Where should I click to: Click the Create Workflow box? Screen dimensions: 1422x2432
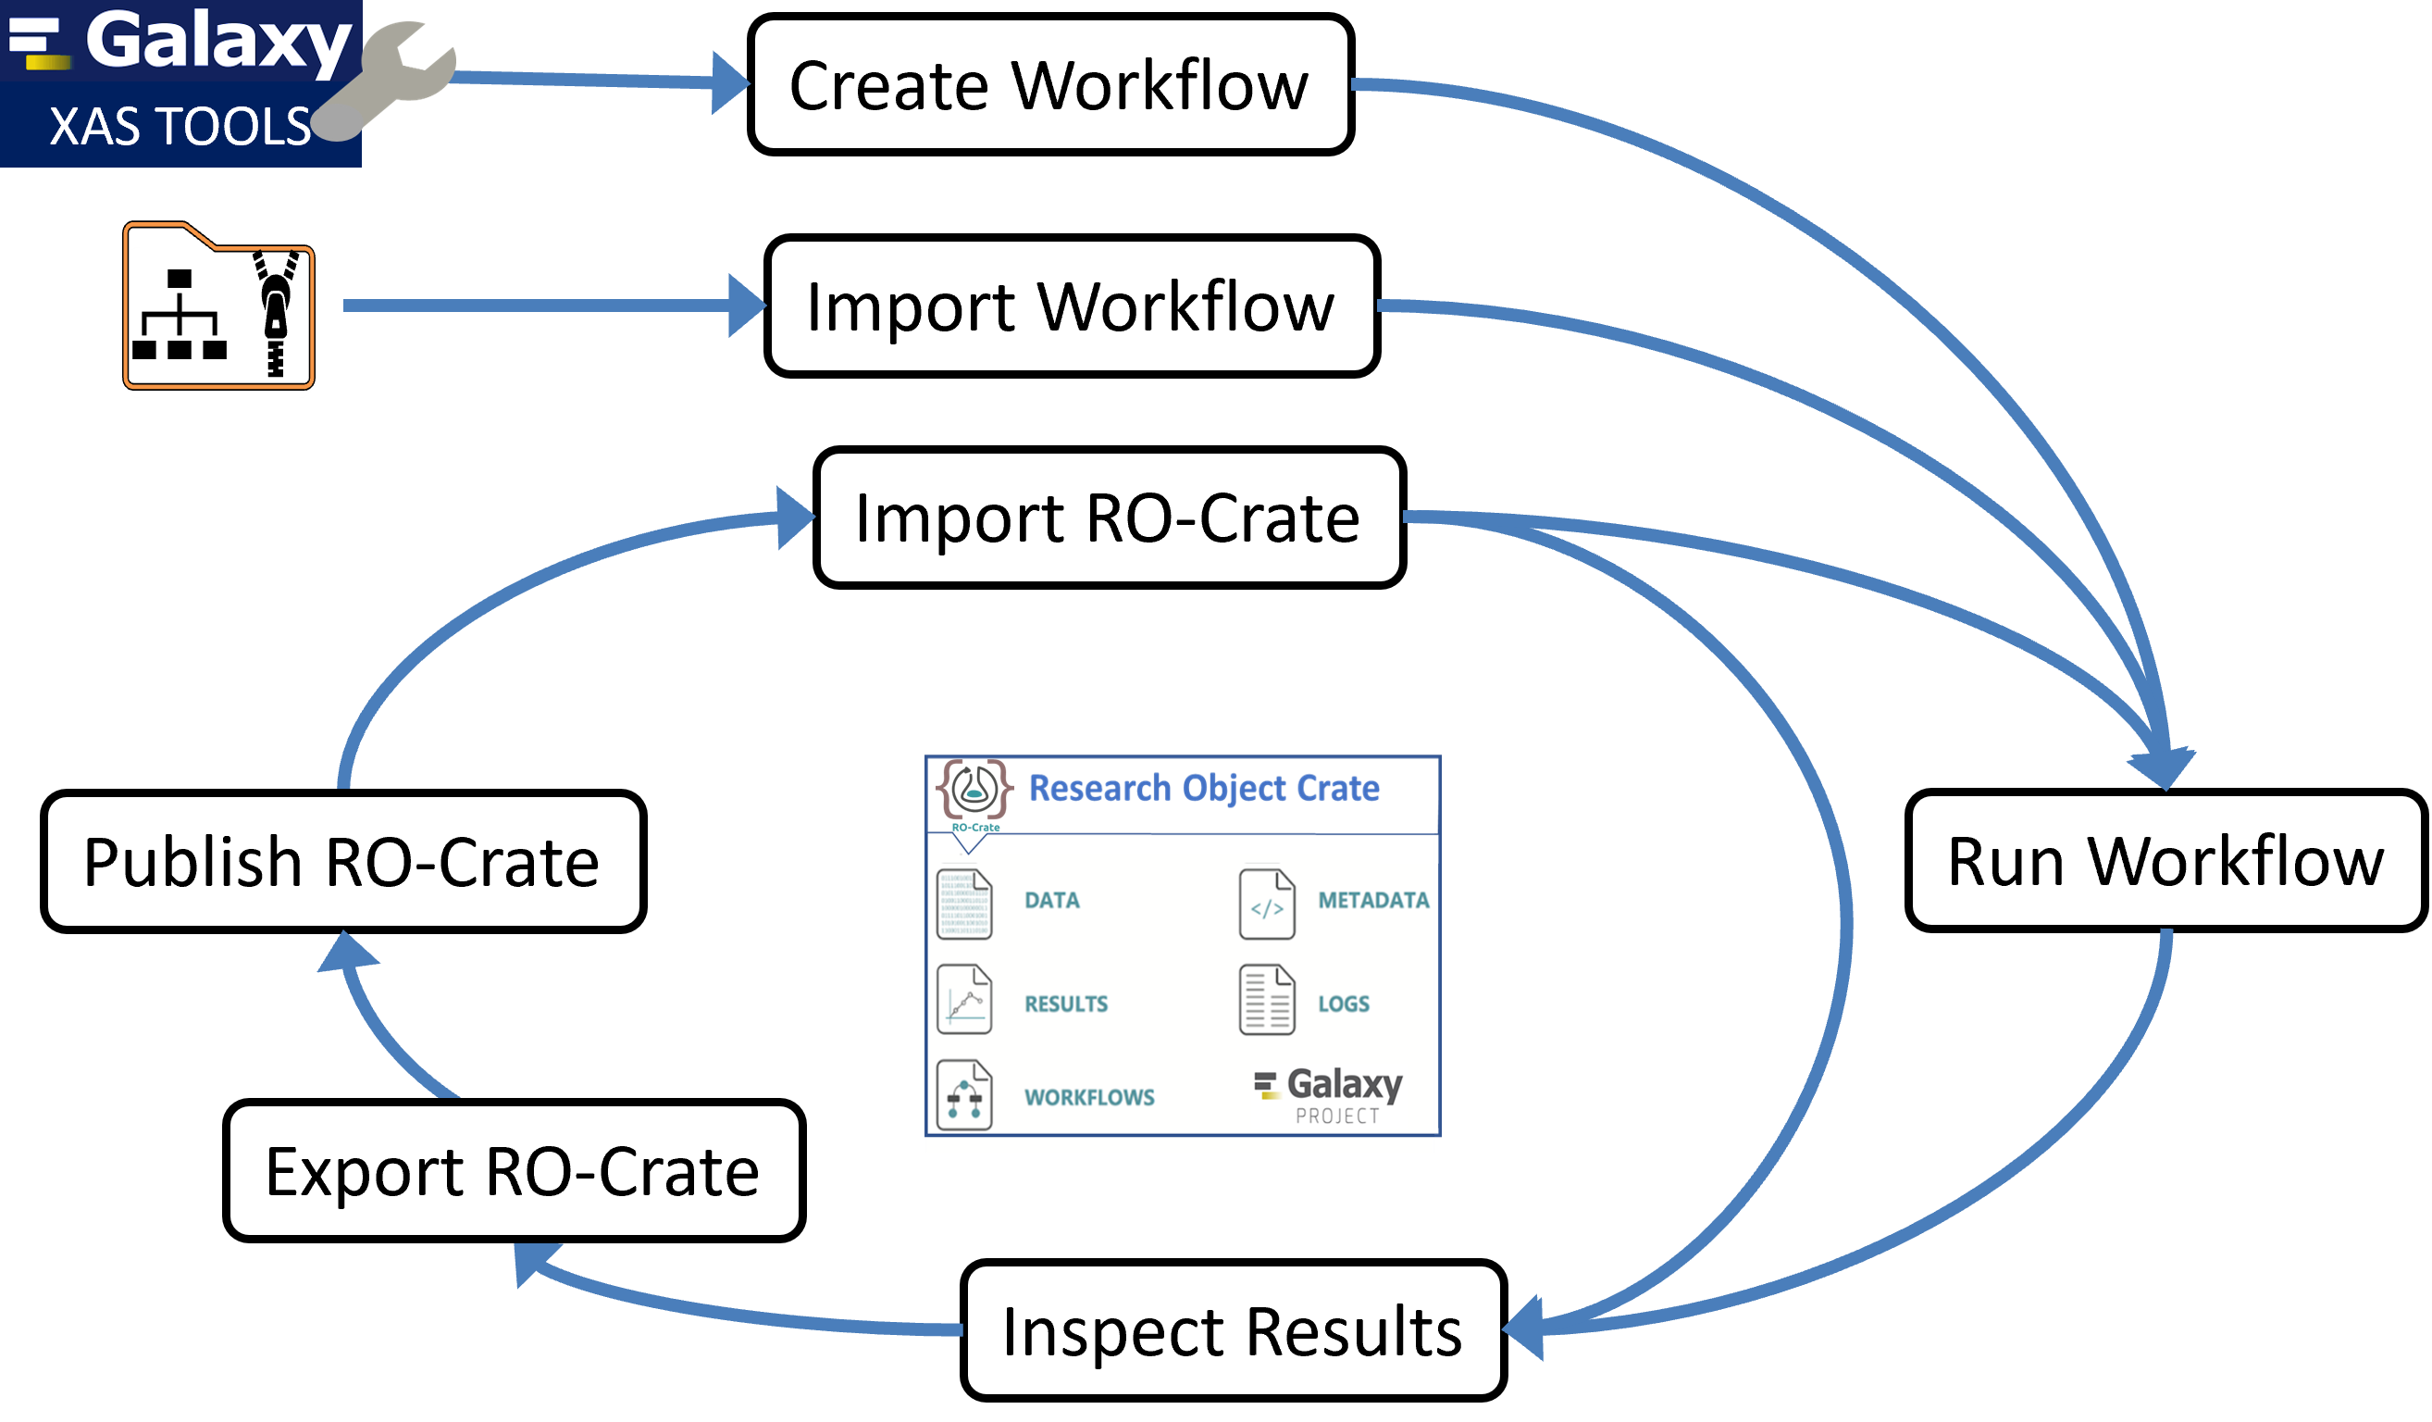1050,85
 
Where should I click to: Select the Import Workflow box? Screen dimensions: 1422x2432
1072,306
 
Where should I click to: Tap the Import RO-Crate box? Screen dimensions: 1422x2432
1109,518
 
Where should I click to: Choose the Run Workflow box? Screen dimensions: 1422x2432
2165,860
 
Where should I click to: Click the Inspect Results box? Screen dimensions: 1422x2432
1233,1330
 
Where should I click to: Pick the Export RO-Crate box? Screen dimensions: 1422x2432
514,1170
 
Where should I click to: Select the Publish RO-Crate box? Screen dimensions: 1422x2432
343,861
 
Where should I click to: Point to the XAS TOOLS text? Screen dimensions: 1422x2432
180,127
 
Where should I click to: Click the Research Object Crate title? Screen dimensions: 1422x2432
1203,789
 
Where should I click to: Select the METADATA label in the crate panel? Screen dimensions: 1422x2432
1372,901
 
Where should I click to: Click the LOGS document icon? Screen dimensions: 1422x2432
1266,1000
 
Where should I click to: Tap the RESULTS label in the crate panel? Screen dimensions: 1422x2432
1065,1004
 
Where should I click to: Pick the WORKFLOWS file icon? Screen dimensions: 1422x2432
964,1095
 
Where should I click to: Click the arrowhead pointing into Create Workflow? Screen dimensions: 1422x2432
729,83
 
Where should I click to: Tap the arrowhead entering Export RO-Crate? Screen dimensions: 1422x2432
532,1262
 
